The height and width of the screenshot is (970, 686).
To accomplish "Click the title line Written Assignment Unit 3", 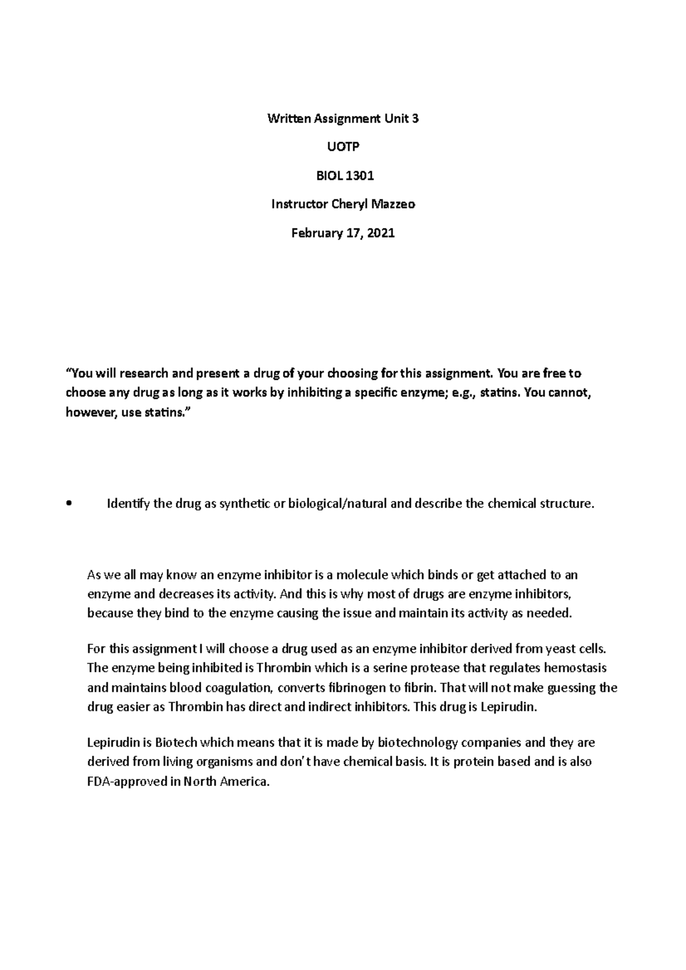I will tap(343, 119).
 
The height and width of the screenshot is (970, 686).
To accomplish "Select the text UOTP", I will tap(343, 147).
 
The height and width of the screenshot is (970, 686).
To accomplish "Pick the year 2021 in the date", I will tap(381, 233).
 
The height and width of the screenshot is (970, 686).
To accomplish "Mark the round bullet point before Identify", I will tap(69, 504).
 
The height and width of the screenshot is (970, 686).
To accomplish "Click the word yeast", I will tap(560, 649).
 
